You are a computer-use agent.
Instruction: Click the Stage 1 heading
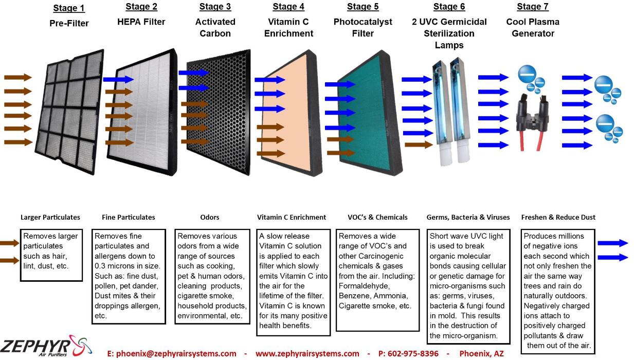69,8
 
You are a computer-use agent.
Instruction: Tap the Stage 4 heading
288,7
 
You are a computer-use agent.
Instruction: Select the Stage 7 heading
533,7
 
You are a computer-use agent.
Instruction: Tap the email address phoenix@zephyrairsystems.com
172,353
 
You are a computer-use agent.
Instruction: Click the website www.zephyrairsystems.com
307,353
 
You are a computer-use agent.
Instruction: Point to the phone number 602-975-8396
408,353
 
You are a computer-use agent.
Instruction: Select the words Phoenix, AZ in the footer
481,353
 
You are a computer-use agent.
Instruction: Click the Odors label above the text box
210,217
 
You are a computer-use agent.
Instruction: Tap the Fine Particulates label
129,217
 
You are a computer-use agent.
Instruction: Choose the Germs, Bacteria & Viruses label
468,217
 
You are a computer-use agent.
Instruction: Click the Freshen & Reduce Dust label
558,217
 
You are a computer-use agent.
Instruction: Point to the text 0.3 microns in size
128,266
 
